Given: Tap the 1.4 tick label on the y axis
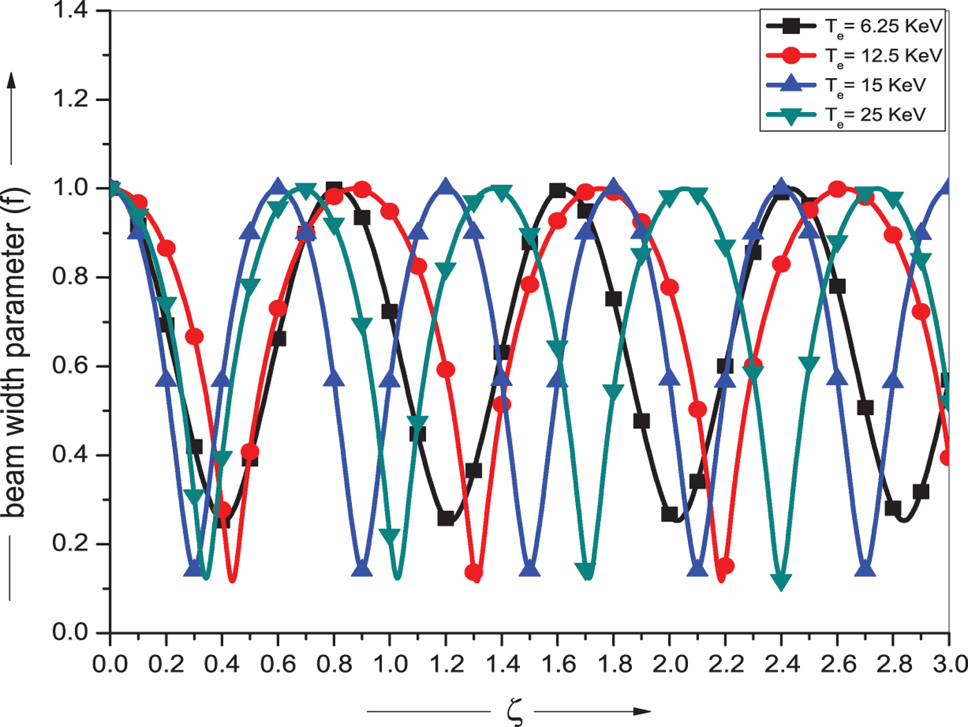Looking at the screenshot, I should (71, 11).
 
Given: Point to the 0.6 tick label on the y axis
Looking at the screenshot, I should (71, 366).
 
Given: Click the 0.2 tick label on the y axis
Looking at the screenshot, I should (71, 544).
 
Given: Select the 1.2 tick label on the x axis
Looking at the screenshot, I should (446, 665).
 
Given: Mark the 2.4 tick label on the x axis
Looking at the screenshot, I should (782, 665).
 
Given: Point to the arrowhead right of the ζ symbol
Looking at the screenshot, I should (642, 711).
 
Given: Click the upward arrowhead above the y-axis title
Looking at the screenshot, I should (12, 81).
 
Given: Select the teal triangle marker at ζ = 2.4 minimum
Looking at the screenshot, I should (781, 581).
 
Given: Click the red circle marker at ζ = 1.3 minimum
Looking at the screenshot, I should (474, 573).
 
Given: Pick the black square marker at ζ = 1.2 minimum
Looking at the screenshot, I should (446, 518).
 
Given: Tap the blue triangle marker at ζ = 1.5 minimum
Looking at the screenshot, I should (530, 569).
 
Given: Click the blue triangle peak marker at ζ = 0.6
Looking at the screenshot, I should (278, 186).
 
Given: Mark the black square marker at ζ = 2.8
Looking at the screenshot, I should (893, 508).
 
